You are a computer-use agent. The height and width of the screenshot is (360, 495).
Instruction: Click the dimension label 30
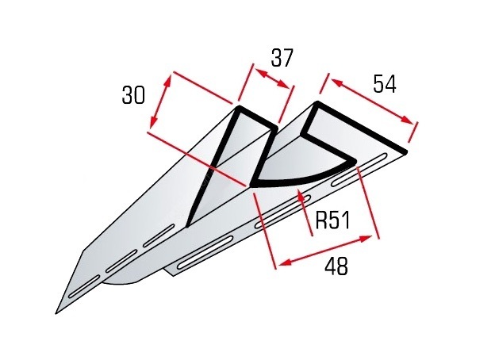tap(133, 95)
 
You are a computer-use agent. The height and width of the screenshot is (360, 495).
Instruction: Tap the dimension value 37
tap(282, 58)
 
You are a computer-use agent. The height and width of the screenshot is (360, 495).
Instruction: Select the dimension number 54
tap(384, 84)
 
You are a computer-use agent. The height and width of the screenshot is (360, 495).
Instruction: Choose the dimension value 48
tap(336, 266)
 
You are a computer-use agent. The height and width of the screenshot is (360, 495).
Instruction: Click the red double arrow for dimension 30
tap(161, 102)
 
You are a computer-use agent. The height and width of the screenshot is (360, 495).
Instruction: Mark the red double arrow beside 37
tap(272, 79)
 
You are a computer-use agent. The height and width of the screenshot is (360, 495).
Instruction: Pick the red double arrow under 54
tap(372, 101)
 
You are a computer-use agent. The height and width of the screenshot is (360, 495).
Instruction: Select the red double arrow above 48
tap(325, 250)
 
